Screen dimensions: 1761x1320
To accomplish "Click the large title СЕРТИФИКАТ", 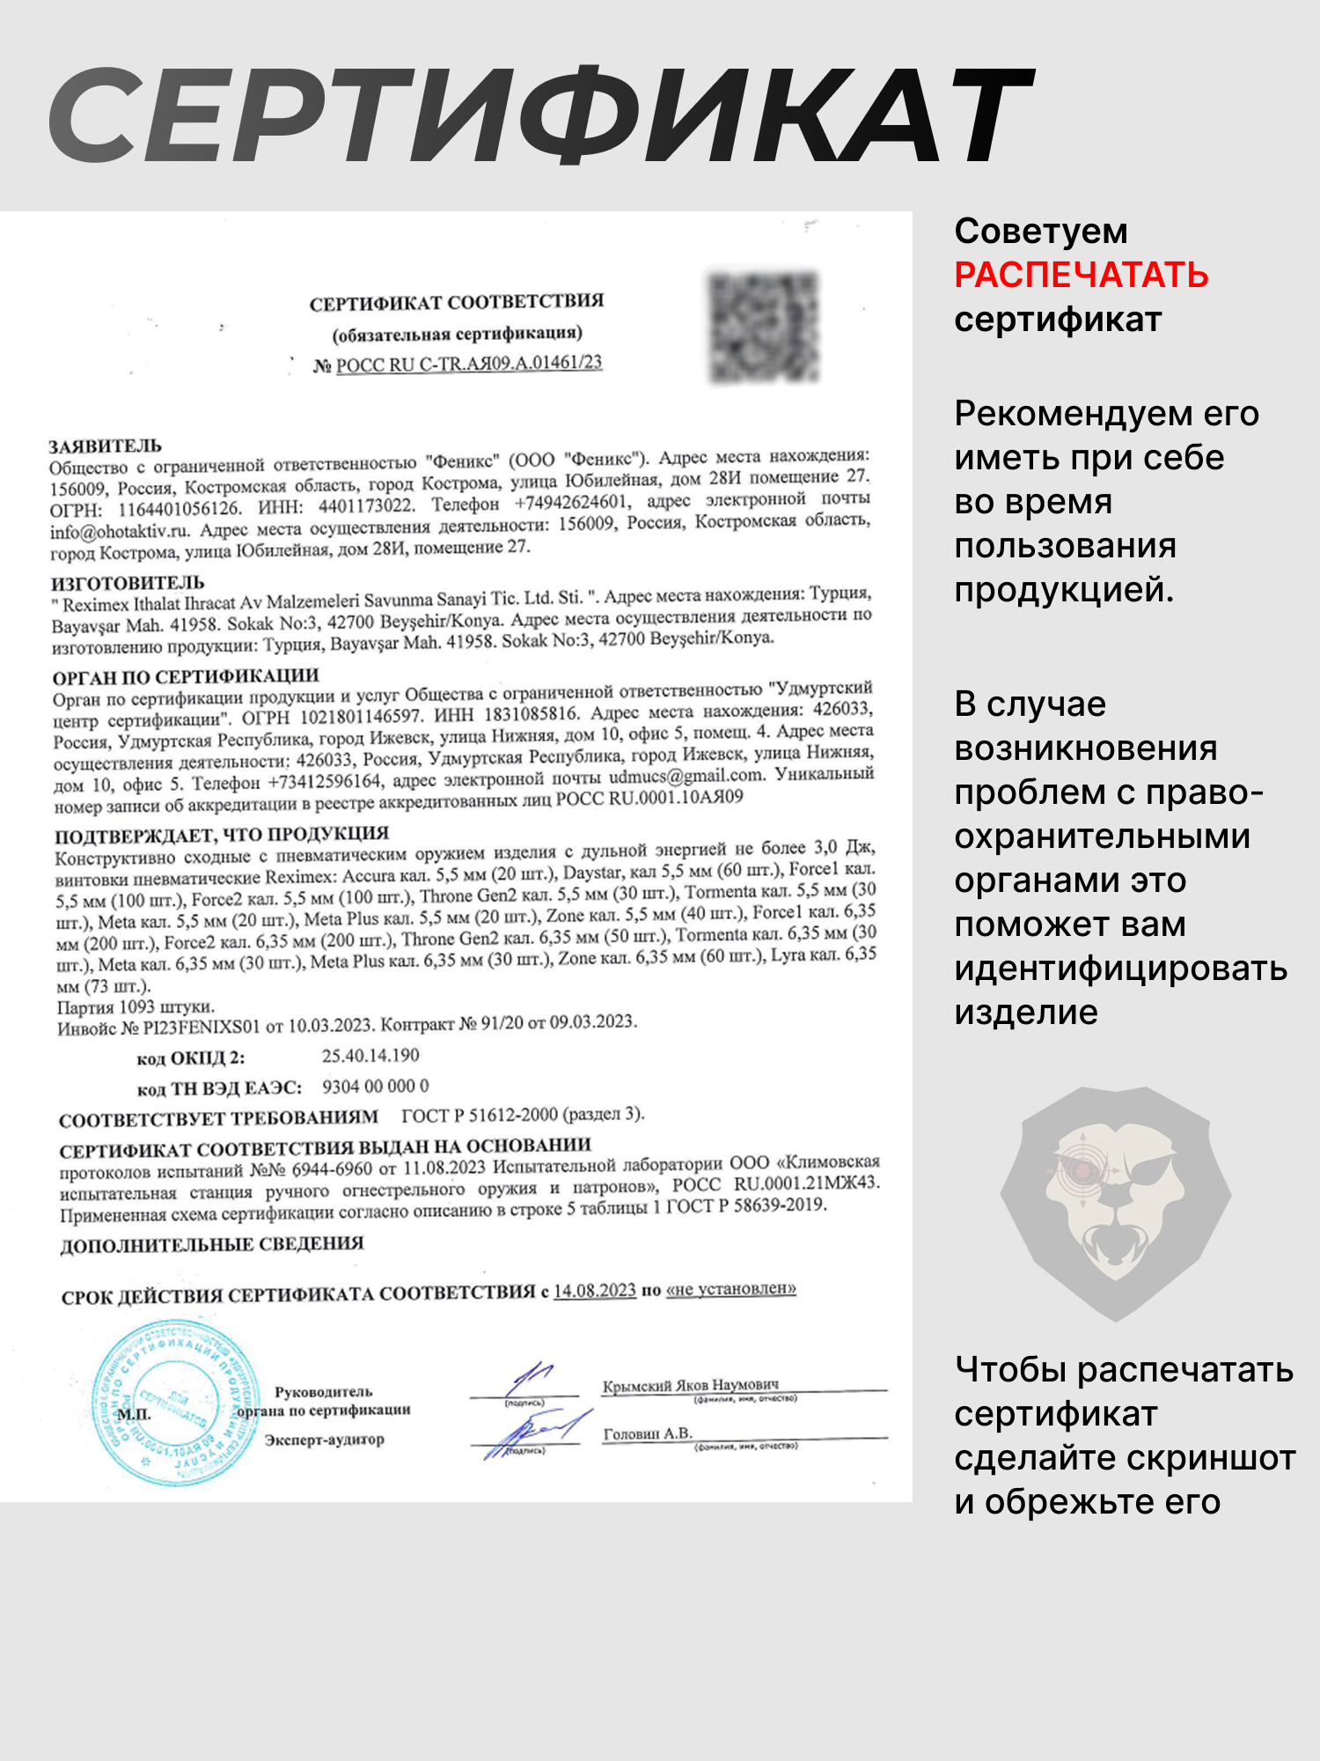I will pos(541,114).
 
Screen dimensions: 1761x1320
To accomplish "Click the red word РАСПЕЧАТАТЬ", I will pos(1081,276).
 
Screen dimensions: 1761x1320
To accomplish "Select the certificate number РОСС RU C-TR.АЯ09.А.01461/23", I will pos(468,364).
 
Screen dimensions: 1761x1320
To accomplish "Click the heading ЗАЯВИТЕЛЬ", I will pos(105,446).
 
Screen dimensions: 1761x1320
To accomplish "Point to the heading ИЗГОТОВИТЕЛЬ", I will pos(128,583).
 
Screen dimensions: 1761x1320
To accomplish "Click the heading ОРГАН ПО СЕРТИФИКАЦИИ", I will pos(185,677).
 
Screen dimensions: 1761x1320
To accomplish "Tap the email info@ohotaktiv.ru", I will pos(120,532).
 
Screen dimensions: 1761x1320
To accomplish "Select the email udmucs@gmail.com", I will pos(686,777).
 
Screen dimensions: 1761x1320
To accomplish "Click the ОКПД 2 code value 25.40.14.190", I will pos(370,1056).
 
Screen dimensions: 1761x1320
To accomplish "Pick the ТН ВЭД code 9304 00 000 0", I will pos(376,1087).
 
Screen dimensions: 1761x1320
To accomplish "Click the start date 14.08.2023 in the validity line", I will pos(594,1291).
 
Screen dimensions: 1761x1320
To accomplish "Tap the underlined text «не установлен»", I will pos(731,1289).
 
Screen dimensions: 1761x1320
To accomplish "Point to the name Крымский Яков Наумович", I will pos(690,1385).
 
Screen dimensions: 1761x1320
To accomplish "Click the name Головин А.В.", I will pos(648,1433).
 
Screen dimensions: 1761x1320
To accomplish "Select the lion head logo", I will pos(1115,1202).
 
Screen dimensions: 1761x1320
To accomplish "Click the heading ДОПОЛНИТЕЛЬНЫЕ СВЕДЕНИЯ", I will pos(212,1245).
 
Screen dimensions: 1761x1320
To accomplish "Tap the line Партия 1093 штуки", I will pos(136,1007).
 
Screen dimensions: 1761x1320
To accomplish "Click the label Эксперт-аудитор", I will pos(325,1440).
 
